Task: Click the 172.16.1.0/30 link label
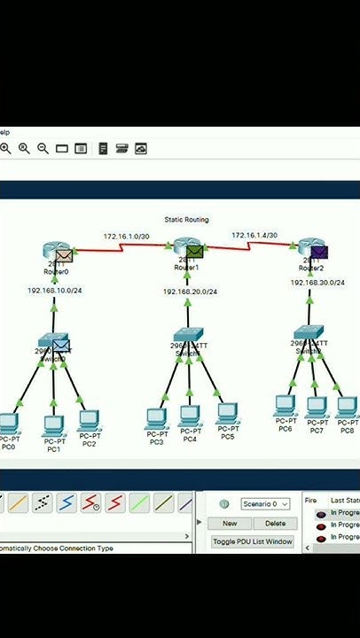pyautogui.click(x=126, y=237)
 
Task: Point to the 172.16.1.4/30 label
pyautogui.click(x=254, y=236)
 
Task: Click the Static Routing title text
pyautogui.click(x=186, y=219)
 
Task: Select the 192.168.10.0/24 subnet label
pyautogui.click(x=54, y=291)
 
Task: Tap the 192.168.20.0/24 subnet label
pyautogui.click(x=189, y=292)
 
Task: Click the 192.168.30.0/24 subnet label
pyautogui.click(x=317, y=283)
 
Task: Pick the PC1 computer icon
pyautogui.click(x=53, y=424)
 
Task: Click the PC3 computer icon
pyautogui.click(x=156, y=416)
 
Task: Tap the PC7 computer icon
pyautogui.click(x=317, y=407)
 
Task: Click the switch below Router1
pyautogui.click(x=188, y=337)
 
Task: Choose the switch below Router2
pyautogui.click(x=309, y=334)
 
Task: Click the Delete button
pyautogui.click(x=275, y=524)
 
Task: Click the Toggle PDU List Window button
pyautogui.click(x=253, y=541)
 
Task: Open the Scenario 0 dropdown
pyautogui.click(x=265, y=504)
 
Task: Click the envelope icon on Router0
pyautogui.click(x=64, y=256)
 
